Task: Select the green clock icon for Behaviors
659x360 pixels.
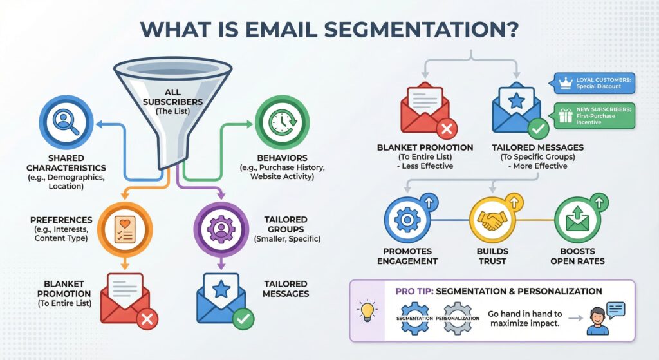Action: tap(281, 122)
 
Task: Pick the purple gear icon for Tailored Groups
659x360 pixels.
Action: tap(221, 229)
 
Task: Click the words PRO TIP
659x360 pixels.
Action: tap(413, 291)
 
